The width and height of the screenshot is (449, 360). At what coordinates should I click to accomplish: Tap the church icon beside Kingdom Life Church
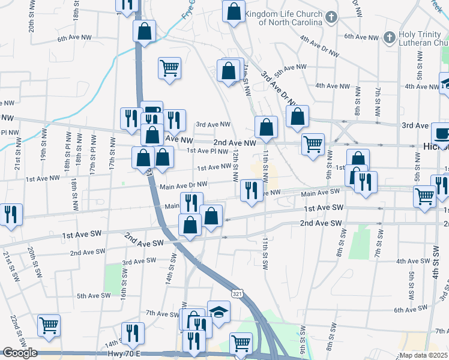pyautogui.click(x=331, y=17)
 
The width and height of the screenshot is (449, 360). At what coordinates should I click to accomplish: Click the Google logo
pyautogui.click(x=19, y=353)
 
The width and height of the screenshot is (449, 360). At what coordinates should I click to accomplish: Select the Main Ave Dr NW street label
pyautogui.click(x=184, y=185)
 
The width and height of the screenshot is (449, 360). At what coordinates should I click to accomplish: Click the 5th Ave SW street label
pyautogui.click(x=94, y=295)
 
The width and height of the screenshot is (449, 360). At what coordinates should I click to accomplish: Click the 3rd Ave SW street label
pyautogui.click(x=139, y=261)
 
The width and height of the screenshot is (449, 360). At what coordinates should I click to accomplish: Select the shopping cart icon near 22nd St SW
pyautogui.click(x=49, y=325)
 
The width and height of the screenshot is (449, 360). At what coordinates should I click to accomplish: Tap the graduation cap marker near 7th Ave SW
pyautogui.click(x=219, y=311)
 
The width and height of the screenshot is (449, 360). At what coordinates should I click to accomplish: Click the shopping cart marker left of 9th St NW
pyautogui.click(x=313, y=144)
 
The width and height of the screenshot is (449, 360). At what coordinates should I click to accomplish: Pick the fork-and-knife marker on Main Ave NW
pyautogui.click(x=252, y=191)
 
